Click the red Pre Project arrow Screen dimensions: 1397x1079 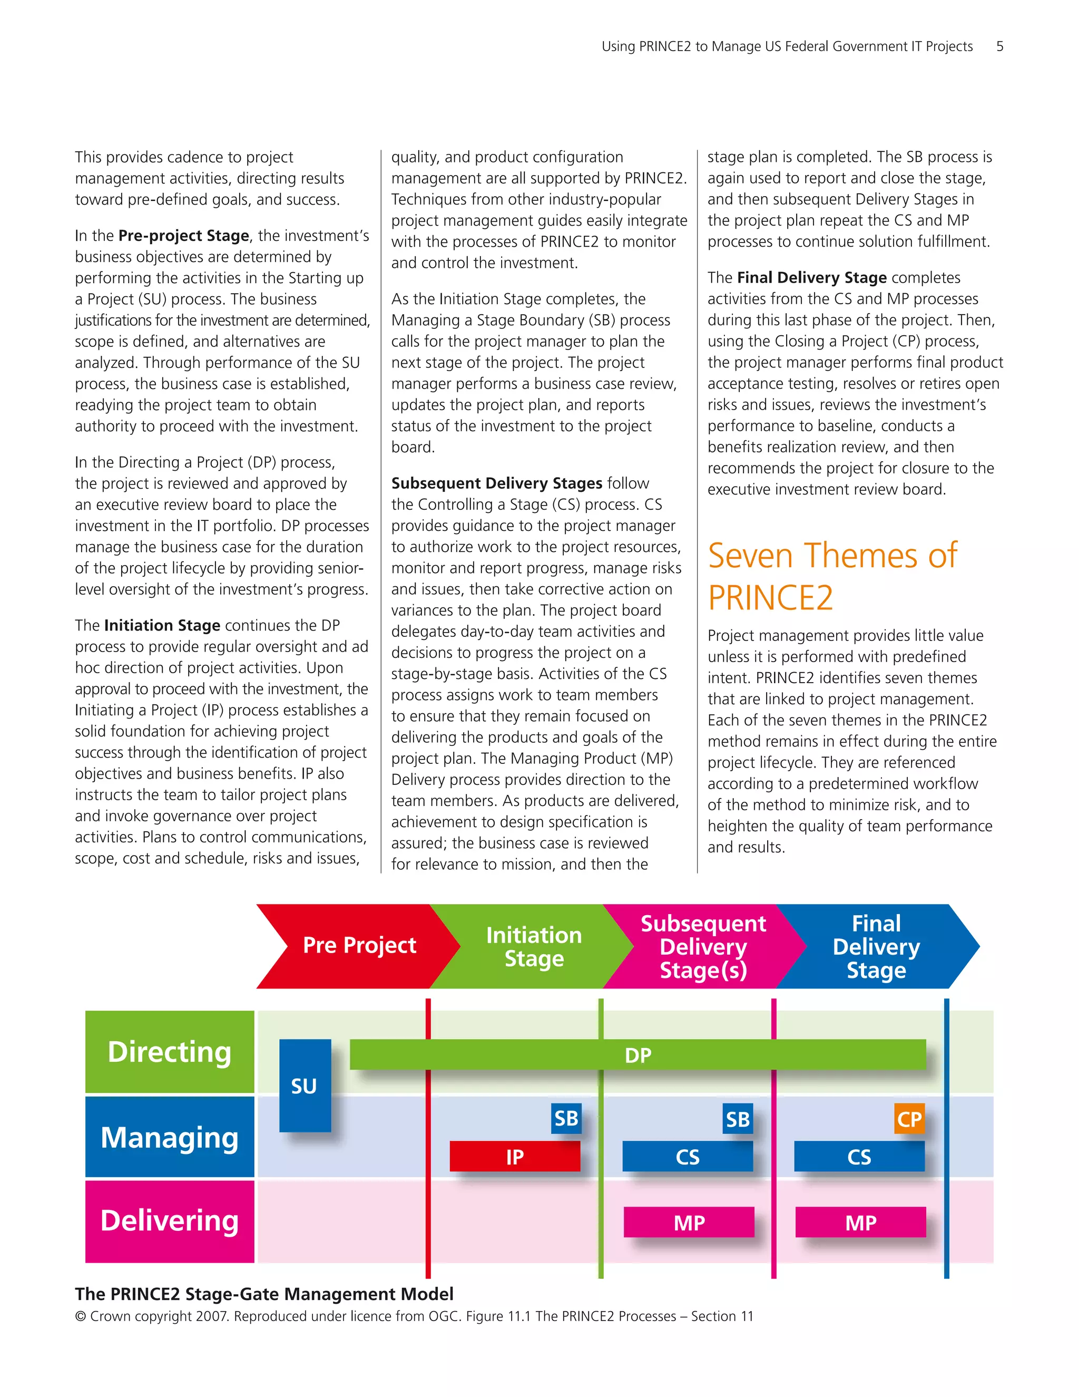(359, 945)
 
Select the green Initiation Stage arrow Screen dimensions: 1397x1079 (534, 947)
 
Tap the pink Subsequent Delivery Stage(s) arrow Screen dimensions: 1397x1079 (703, 947)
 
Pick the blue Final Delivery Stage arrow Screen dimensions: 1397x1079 (876, 947)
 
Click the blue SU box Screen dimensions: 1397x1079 (305, 1085)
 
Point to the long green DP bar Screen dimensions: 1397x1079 (637, 1055)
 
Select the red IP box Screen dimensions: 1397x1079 (515, 1157)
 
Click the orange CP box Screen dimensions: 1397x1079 (908, 1119)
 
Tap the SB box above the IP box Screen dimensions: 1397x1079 (566, 1118)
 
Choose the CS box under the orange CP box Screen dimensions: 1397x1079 (859, 1157)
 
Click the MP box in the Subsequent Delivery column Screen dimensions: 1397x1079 (689, 1223)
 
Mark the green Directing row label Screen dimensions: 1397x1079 (170, 1052)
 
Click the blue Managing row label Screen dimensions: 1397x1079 (170, 1137)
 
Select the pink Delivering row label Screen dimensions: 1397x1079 (170, 1221)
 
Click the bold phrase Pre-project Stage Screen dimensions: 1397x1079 (183, 236)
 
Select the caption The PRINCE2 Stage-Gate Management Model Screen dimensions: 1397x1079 (264, 1294)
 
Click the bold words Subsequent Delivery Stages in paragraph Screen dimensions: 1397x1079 (497, 483)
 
